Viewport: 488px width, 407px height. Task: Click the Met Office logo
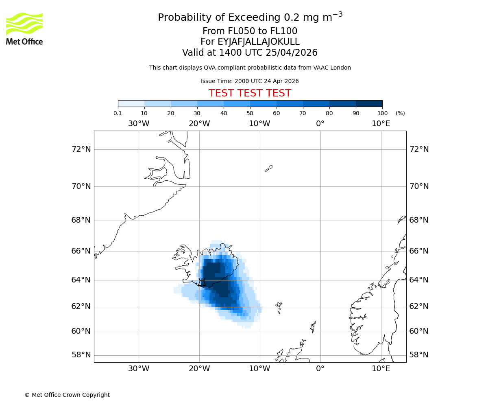(24, 28)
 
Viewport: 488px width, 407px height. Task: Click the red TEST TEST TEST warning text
(250, 93)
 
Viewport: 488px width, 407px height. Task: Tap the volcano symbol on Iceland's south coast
(202, 282)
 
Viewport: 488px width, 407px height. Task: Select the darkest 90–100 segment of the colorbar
(369, 104)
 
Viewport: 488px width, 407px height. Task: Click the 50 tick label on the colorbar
(250, 113)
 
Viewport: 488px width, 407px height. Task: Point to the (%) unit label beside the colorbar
(400, 113)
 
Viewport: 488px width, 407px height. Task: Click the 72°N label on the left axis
(81, 149)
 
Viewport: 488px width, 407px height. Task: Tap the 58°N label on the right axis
(419, 355)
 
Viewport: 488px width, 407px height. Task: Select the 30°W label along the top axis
(139, 124)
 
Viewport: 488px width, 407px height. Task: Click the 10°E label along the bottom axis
(381, 369)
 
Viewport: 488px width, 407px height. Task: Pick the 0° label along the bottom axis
(320, 369)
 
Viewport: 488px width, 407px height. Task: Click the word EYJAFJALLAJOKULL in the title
(259, 42)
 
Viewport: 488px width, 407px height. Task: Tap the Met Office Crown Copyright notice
(67, 395)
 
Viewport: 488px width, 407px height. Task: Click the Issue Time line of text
(250, 81)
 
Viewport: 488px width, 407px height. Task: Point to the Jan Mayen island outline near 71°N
(269, 168)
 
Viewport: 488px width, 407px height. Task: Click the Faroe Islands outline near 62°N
(279, 306)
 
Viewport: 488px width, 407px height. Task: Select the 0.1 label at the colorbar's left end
(118, 113)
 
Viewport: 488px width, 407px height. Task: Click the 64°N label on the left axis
(81, 280)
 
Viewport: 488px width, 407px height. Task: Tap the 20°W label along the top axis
(199, 124)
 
